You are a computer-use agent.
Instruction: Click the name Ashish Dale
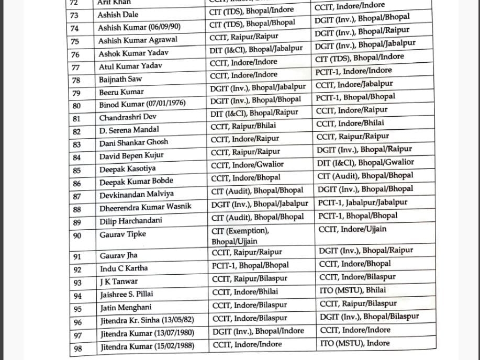pyautogui.click(x=118, y=15)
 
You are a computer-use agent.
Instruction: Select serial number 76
pyautogui.click(x=75, y=55)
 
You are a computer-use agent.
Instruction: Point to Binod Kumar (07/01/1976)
pyautogui.click(x=142, y=104)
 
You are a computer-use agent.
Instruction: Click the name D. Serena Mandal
pyautogui.click(x=129, y=130)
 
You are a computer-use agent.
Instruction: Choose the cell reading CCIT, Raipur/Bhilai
pyautogui.click(x=243, y=126)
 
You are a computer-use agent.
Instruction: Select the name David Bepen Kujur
pyautogui.click(x=131, y=155)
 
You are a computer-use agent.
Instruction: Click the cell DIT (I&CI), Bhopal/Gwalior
pyautogui.click(x=365, y=163)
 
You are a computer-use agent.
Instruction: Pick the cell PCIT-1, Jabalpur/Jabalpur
pyautogui.click(x=363, y=203)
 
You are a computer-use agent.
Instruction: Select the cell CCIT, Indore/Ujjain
pyautogui.click(x=352, y=229)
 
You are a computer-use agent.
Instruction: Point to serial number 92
pyautogui.click(x=77, y=269)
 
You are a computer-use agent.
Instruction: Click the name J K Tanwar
pyautogui.click(x=119, y=282)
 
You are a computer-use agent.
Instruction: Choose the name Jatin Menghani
pyautogui.click(x=125, y=308)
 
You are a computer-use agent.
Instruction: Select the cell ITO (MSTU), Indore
pyautogui.click(x=354, y=343)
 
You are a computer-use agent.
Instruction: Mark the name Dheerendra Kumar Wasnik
pyautogui.click(x=146, y=207)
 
